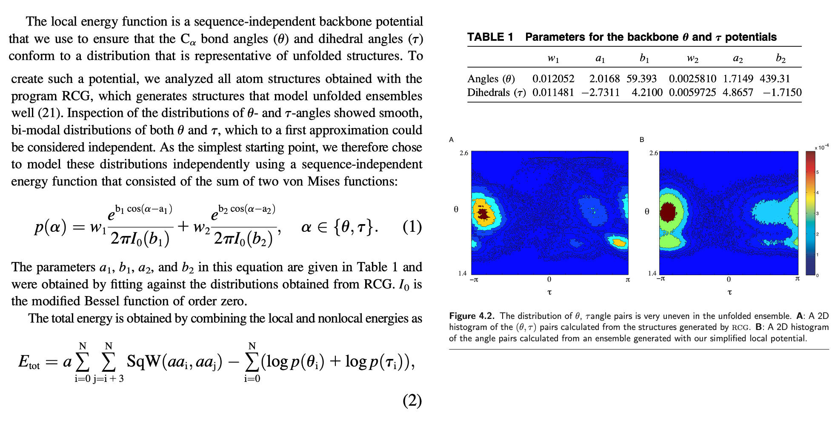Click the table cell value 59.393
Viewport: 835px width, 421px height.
[x=641, y=79]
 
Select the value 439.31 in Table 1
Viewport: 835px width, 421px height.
[x=775, y=79]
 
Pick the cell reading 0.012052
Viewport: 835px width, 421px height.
[x=553, y=79]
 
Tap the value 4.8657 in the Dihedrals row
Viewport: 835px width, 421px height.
[x=738, y=93]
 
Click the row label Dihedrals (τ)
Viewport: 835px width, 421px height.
[x=496, y=93]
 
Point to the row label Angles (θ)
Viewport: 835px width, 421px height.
[x=491, y=79]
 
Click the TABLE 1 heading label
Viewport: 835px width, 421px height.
[x=490, y=37]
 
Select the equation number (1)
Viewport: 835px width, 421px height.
[x=412, y=227]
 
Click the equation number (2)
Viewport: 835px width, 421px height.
[x=412, y=401]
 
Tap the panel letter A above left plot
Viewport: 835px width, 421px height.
[x=451, y=139]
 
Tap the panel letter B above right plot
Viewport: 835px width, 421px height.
[x=642, y=139]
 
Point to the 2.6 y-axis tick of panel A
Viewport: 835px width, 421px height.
[x=463, y=153]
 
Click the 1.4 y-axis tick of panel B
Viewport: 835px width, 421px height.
[x=652, y=273]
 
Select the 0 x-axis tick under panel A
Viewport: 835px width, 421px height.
[x=549, y=279]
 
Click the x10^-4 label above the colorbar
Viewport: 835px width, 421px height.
[x=821, y=147]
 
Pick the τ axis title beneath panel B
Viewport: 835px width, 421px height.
[x=729, y=292]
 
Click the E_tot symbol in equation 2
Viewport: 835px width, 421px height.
[x=29, y=362]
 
